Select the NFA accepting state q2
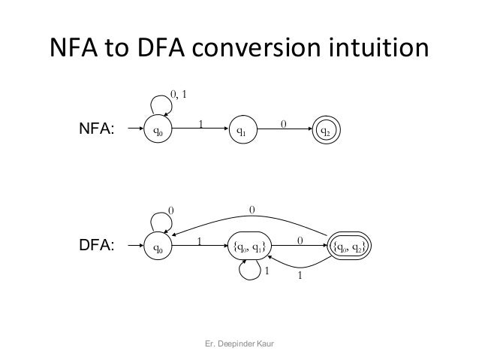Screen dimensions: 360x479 point(326,132)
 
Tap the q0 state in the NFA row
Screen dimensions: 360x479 point(157,132)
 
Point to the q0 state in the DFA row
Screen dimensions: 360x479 point(157,247)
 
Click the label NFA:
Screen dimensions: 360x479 point(97,132)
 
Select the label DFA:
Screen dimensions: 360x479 point(97,247)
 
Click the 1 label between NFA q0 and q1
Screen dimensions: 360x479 point(200,123)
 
